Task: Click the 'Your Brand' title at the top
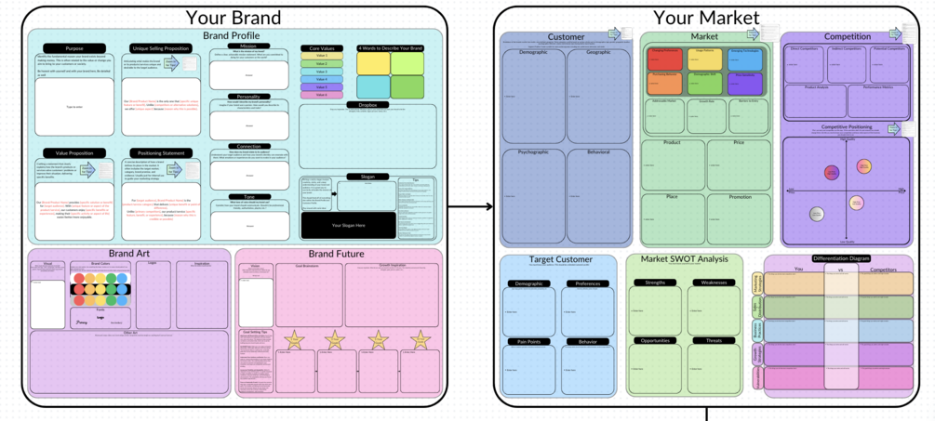[233, 17]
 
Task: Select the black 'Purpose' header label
[73, 48]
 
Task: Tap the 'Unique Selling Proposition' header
[160, 48]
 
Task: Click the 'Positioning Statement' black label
[160, 153]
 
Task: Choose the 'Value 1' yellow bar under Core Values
[322, 57]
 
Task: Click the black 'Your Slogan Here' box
[348, 225]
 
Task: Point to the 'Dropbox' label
[367, 105]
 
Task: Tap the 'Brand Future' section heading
[337, 253]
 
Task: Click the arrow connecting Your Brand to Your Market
[470, 206]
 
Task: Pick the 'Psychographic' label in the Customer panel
[533, 152]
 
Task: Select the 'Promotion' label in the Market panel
[740, 197]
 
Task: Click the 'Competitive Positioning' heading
[847, 127]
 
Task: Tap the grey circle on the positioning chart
[817, 215]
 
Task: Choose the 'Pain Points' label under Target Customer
[528, 342]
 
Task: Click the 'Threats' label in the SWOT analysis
[714, 341]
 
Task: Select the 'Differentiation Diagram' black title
[840, 258]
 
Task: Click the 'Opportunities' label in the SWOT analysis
[655, 341]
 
